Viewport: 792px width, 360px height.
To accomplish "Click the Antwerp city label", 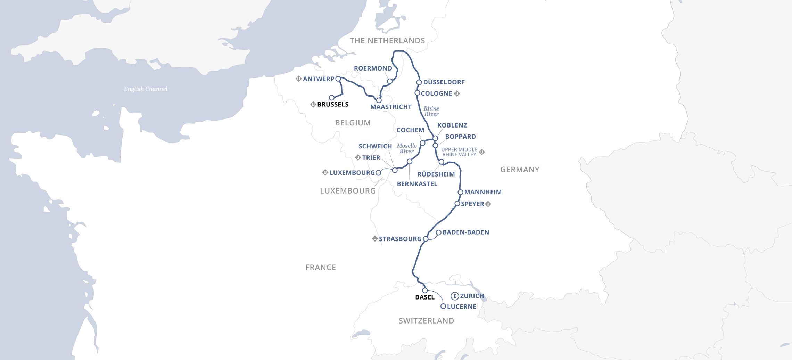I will [x=318, y=79].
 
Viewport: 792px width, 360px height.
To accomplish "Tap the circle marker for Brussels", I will [x=331, y=98].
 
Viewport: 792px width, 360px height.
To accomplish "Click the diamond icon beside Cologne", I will [x=457, y=93].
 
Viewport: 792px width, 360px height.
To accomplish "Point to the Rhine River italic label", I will [x=431, y=111].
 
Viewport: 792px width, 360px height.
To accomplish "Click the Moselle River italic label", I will [x=406, y=148].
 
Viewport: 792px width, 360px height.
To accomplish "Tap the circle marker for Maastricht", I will [x=379, y=100].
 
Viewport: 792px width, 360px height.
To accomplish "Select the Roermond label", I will [x=373, y=68].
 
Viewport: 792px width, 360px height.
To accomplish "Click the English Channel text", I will [x=146, y=89].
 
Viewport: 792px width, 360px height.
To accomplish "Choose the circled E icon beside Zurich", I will [x=454, y=296].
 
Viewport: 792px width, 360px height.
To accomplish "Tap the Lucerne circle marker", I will [x=443, y=306].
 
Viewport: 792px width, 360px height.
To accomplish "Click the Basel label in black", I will [x=425, y=297].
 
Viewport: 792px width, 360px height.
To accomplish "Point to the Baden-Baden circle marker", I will [x=438, y=232].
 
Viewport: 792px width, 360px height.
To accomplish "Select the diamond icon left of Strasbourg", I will [x=375, y=239].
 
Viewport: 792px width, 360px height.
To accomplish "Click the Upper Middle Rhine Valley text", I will [x=459, y=152].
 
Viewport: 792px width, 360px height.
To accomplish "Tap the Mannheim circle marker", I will [x=460, y=192].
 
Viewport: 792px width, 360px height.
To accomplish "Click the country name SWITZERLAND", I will [x=426, y=321].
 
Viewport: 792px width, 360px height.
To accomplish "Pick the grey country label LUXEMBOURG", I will [x=348, y=191].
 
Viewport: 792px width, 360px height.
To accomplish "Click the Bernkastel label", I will [x=417, y=184].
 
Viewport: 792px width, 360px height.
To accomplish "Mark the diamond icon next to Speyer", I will [x=488, y=204].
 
